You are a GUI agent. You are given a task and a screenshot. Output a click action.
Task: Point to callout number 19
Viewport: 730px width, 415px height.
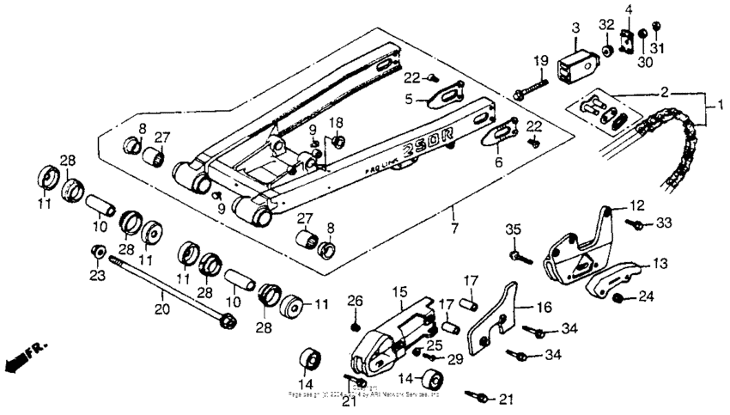539,60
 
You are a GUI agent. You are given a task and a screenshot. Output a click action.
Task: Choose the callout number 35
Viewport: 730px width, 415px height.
513,229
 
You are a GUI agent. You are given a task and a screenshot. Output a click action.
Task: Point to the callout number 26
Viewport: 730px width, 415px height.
355,301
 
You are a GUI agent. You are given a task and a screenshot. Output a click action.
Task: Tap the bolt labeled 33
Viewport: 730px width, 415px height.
636,224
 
